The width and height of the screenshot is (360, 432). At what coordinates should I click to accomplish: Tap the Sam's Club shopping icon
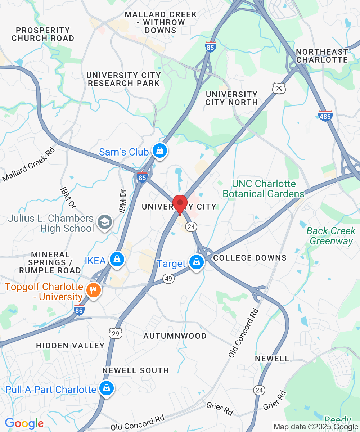tap(159, 150)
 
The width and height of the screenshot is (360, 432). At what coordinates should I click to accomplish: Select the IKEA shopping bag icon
tap(117, 259)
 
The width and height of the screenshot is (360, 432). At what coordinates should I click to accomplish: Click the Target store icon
tap(197, 262)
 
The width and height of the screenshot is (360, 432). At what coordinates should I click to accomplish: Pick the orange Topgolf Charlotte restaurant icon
tap(94, 290)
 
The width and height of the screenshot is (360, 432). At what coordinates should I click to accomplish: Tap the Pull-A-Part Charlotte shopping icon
tap(107, 388)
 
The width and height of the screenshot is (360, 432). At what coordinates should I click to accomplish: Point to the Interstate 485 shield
tap(325, 116)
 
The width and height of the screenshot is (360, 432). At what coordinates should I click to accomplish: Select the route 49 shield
tap(168, 278)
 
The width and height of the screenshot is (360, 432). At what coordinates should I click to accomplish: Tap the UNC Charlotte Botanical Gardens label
tap(264, 189)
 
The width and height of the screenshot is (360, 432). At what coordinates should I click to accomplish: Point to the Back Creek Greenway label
tap(331, 236)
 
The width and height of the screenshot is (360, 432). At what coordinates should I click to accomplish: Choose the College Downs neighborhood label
tap(250, 258)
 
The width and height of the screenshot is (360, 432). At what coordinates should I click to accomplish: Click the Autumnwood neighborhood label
tap(175, 336)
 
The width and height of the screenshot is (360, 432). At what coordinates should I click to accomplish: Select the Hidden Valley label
tap(70, 346)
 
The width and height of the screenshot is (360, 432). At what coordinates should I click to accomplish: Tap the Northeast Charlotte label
tap(322, 56)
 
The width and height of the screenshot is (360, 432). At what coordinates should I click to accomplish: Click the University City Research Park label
tap(124, 79)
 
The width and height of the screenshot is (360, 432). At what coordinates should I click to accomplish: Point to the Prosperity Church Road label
tap(43, 34)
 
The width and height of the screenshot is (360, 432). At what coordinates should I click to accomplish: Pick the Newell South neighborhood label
tap(136, 370)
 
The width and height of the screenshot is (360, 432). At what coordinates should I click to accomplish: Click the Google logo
tap(24, 423)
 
